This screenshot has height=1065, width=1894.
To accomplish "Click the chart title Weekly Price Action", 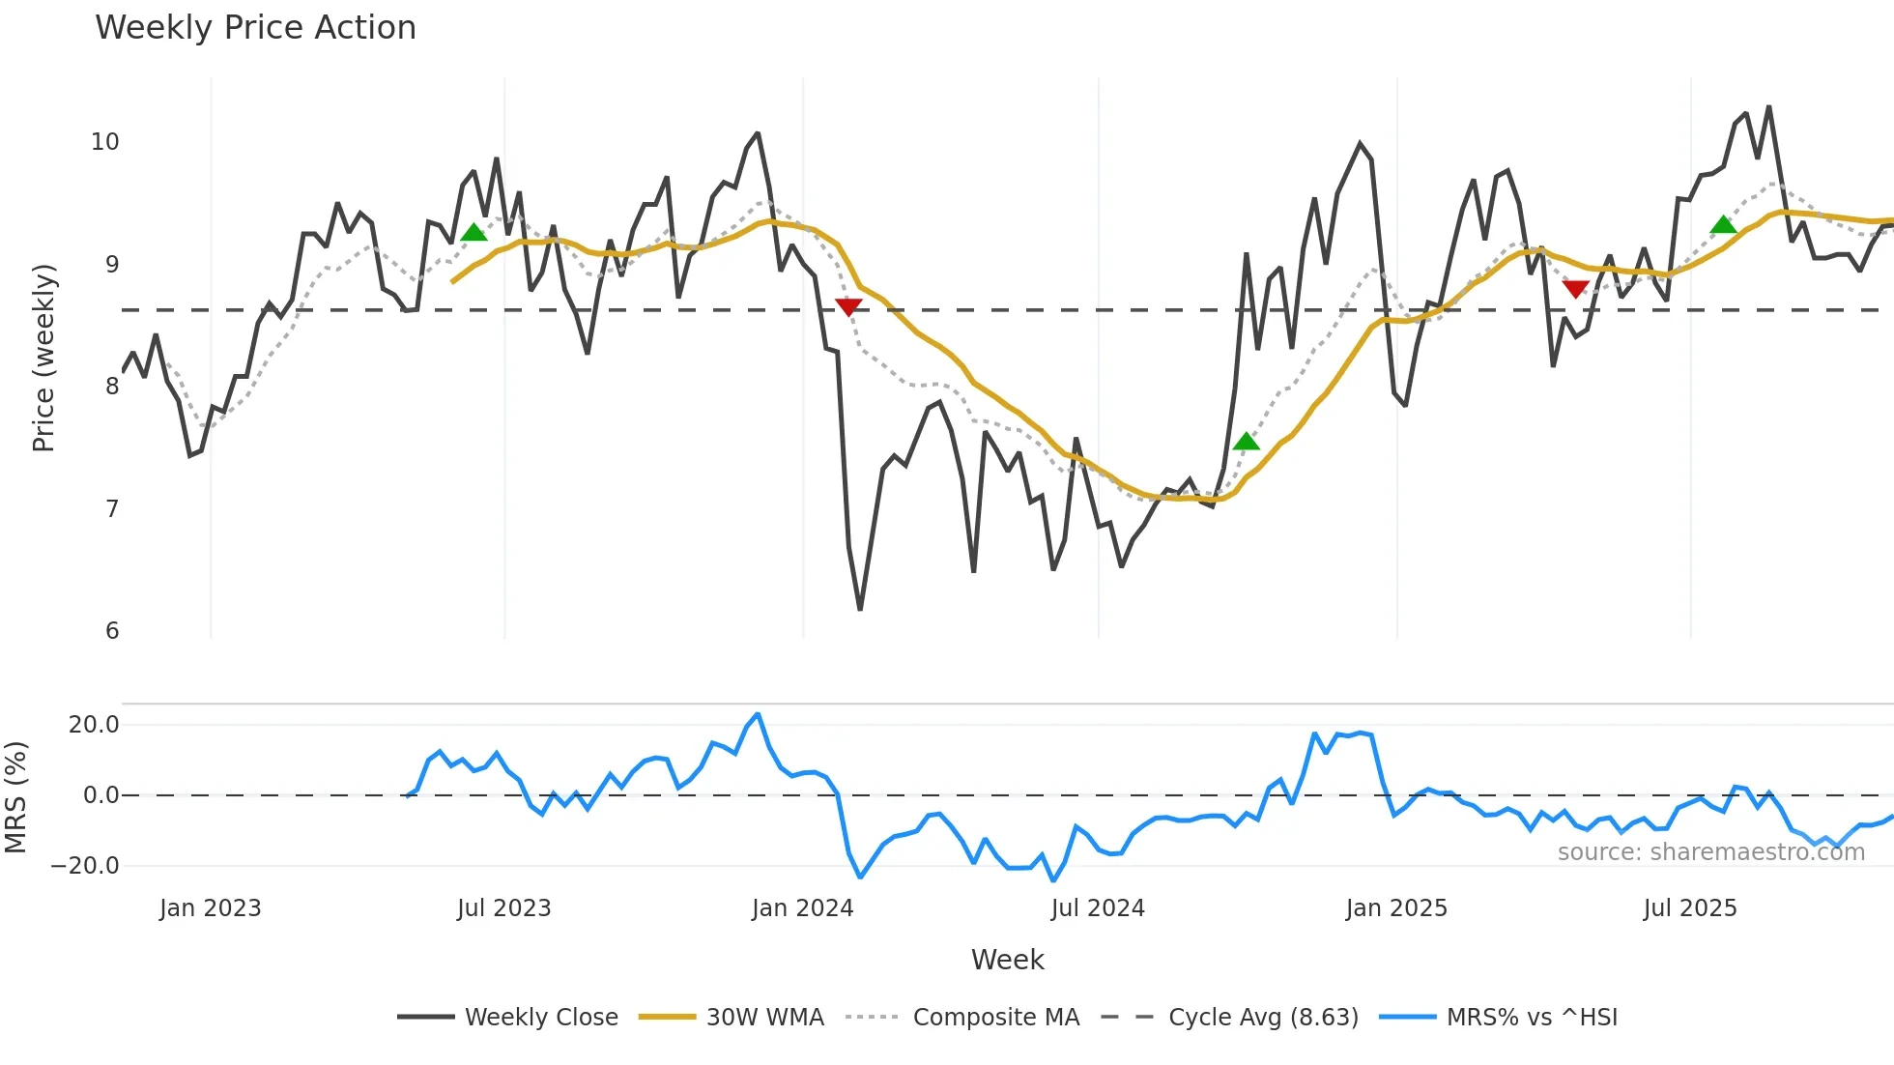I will (255, 28).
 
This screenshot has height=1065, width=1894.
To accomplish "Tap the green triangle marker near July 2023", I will (473, 233).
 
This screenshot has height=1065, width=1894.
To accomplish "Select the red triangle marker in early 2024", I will (848, 307).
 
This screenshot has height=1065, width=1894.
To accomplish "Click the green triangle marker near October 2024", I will (1247, 442).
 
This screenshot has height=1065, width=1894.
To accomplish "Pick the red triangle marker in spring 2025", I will (1575, 289).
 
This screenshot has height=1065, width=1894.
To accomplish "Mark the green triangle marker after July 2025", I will (1723, 225).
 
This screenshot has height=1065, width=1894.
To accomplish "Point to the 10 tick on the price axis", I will (105, 142).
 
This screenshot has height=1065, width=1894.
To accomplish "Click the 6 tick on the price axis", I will (112, 631).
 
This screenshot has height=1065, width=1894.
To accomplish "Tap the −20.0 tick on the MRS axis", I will (85, 866).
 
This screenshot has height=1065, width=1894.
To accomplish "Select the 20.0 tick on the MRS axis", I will (94, 725).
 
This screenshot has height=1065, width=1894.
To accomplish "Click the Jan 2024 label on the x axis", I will (802, 908).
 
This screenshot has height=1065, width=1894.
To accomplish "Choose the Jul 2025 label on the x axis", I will (1690, 908).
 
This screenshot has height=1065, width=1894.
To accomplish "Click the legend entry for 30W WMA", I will (764, 1018).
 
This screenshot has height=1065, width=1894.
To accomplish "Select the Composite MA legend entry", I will (995, 1018).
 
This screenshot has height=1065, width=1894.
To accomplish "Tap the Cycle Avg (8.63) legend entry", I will (1262, 1018).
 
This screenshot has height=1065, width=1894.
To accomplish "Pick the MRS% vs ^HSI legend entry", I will (1531, 1018).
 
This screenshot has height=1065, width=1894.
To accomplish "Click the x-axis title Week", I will (1007, 960).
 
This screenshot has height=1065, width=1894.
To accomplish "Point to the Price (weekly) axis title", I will (43, 358).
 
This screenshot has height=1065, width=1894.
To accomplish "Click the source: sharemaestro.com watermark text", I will (1710, 852).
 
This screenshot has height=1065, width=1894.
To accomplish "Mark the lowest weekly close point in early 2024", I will (860, 609).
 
